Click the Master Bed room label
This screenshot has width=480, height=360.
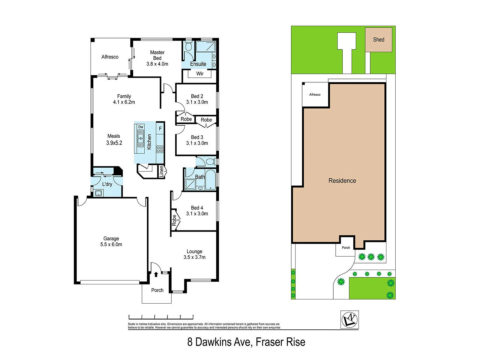(157, 55)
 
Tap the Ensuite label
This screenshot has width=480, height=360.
(198, 64)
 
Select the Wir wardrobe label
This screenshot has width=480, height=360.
(200, 74)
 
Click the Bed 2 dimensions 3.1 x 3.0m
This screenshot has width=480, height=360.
(197, 102)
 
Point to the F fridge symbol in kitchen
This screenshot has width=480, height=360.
(160, 128)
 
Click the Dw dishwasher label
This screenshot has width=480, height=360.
(141, 127)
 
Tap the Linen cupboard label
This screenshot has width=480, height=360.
(162, 171)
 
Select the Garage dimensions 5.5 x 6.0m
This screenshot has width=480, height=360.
(111, 244)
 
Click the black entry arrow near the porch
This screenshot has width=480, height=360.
(156, 274)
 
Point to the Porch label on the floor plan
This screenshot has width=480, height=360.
(157, 290)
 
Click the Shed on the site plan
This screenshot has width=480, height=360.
(378, 40)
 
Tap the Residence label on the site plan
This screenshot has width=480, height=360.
(342, 181)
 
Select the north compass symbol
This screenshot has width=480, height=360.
(349, 320)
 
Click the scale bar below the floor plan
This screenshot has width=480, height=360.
(161, 317)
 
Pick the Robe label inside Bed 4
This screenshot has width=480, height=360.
(174, 220)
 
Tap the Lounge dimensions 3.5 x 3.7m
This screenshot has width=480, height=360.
(194, 257)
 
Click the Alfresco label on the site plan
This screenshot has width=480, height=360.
(315, 95)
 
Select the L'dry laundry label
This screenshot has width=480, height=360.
(107, 184)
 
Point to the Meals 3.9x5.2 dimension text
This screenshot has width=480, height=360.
(114, 143)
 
